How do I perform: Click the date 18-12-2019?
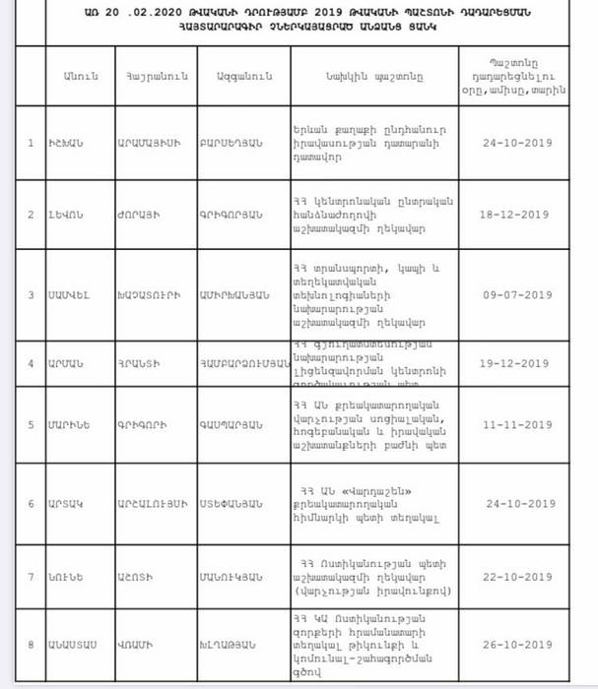(x=514, y=214)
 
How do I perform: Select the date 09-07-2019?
(x=514, y=294)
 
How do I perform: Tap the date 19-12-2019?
(x=514, y=363)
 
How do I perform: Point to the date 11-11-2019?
(x=514, y=426)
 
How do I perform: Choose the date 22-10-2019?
(x=514, y=576)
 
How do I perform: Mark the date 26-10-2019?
(x=514, y=646)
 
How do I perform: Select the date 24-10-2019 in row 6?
(x=514, y=504)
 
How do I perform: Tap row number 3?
(x=31, y=294)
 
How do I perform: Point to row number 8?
(x=31, y=646)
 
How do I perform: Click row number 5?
(x=31, y=426)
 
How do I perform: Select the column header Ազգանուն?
(x=233, y=75)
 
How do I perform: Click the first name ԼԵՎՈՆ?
(x=68, y=215)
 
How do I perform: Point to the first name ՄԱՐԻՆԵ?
(x=72, y=426)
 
